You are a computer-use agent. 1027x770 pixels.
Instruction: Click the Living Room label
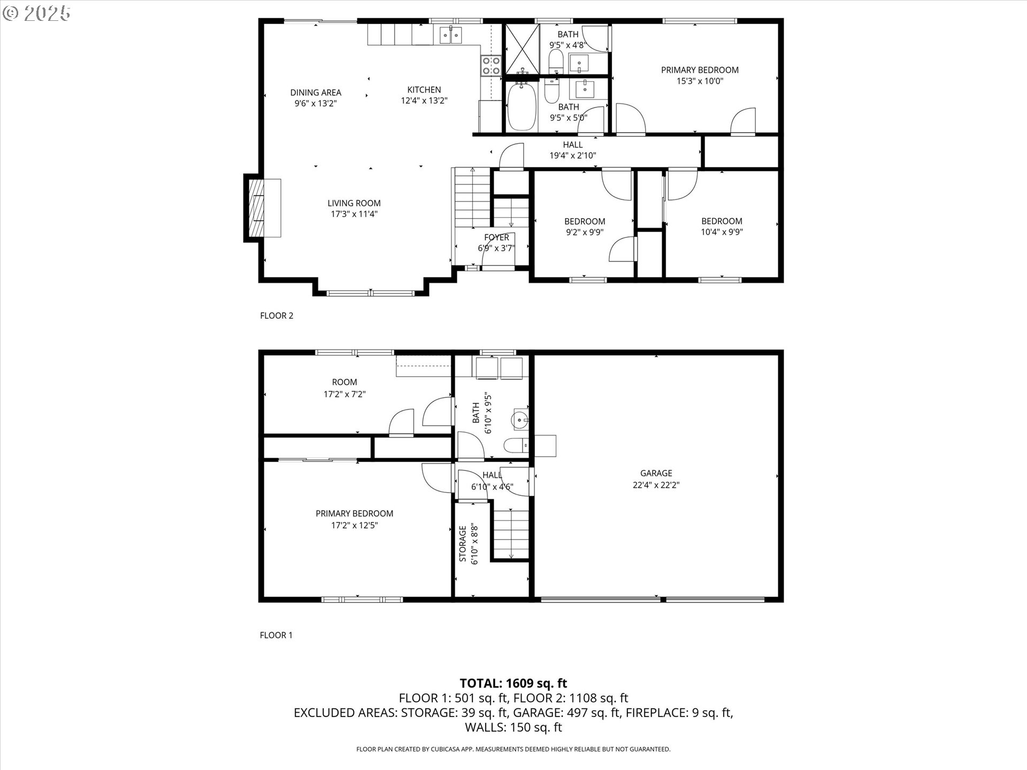coord(354,203)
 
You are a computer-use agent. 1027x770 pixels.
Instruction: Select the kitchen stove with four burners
coord(491,65)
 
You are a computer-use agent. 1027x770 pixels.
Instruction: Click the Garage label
coord(656,473)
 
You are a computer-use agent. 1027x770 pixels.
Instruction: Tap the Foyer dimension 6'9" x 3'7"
coord(496,248)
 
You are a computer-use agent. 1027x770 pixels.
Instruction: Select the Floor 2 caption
coord(277,315)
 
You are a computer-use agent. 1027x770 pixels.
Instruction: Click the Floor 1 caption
coord(276,635)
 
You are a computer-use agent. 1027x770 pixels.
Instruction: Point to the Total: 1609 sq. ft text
coord(513,683)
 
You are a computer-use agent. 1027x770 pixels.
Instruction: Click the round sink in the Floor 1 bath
coord(520,420)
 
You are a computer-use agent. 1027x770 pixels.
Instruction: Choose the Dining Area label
coord(316,93)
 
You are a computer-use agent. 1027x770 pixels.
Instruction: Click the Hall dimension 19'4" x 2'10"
coord(573,156)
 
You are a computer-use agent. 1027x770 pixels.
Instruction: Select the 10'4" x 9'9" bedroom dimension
coord(722,232)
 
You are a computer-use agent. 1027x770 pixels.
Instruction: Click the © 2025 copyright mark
coord(36,13)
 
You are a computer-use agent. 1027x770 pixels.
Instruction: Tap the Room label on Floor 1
coord(344,382)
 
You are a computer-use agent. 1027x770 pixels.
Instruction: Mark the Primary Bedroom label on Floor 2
coord(700,70)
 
